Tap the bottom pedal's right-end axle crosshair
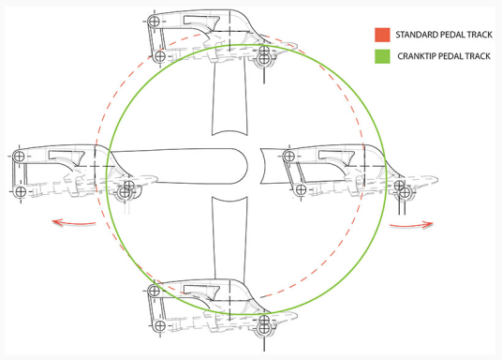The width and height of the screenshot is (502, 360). coord(265,324)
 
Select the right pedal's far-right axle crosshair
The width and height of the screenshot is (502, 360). coord(404,194)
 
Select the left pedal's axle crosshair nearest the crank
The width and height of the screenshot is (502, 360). coord(126,193)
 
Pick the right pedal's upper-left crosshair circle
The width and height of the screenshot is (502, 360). coord(301,155)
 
